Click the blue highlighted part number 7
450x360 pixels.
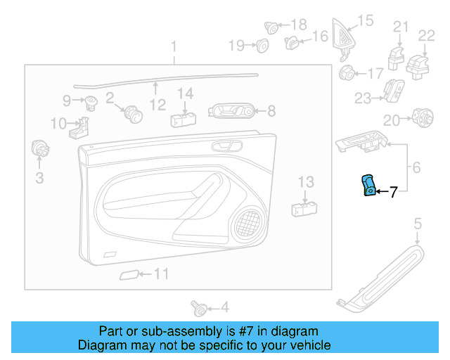click(368, 186)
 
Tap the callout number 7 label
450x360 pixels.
click(393, 191)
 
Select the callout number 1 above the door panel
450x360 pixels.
click(174, 47)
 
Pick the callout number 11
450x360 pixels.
click(162, 274)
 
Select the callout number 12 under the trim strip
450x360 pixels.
click(157, 105)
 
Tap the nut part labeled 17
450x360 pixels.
click(347, 72)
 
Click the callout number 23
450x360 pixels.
click(362, 99)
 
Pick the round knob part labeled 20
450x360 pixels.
click(423, 117)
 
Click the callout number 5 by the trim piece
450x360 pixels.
click(417, 224)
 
